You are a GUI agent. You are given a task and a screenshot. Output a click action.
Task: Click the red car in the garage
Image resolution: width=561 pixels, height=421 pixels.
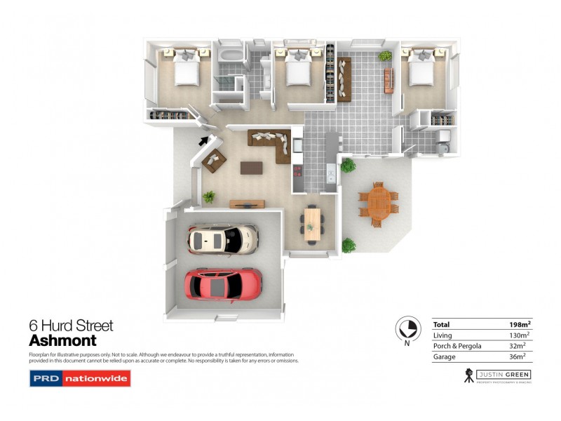pos(223,284)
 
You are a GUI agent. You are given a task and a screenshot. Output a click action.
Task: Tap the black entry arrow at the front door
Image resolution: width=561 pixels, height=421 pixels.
pos(204,140)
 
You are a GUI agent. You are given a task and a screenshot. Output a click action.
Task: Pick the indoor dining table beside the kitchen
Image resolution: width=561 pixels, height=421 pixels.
pos(312,223)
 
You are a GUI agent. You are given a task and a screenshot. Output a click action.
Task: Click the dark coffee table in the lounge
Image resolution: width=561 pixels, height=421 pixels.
pos(251,168)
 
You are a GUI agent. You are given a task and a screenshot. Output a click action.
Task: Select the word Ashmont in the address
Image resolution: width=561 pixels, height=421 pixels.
pos(62,340)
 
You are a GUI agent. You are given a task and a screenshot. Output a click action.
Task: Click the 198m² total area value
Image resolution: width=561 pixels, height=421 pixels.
pos(520,325)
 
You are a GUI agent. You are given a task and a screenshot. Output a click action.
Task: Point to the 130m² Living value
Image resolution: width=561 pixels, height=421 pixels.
pos(520,335)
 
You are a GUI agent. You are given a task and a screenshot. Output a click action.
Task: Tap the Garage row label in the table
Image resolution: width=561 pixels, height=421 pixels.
pos(445,356)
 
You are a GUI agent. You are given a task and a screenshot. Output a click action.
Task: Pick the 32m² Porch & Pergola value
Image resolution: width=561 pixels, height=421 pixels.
pos(522,346)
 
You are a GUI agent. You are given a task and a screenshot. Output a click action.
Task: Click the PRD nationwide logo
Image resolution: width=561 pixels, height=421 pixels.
pos(79,379)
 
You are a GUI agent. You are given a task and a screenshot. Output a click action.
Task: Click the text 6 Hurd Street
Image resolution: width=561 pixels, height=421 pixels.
pos(71,326)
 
